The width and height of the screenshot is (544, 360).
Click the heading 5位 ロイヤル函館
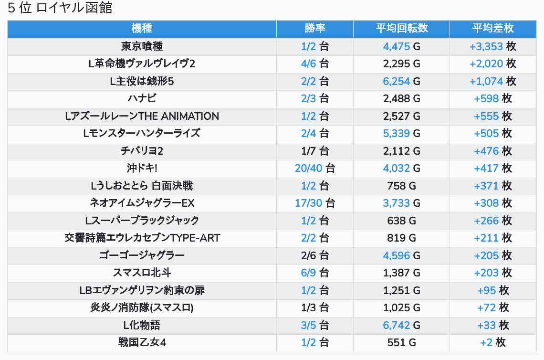coord(60,8)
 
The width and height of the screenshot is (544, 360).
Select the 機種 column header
coord(142,29)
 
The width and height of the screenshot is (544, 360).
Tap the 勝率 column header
coord(314,29)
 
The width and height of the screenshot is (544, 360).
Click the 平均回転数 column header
coord(401,29)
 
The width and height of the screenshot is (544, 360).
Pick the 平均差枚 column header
coord(492,29)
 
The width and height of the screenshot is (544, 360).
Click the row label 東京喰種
coord(142,46)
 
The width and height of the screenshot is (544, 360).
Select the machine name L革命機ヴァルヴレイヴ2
coord(142,64)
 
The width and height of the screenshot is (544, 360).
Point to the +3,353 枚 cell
coord(492,46)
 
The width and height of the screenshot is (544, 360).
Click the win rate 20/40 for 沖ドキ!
coord(314,169)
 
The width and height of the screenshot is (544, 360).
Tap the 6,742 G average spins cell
coord(401,326)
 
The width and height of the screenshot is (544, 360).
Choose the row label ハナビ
coord(142,99)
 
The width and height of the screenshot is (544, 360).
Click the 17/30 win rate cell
coord(314,203)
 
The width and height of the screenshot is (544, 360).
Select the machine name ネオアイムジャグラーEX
coord(142,203)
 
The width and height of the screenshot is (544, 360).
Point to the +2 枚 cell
coord(492,343)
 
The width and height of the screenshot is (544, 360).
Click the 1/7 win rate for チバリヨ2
coord(314,151)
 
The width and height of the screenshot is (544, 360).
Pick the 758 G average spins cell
coord(401,186)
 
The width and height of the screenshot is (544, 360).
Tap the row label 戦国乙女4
coord(142,343)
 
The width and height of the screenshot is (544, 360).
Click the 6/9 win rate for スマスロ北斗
coord(314,273)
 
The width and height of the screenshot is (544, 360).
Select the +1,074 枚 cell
coord(492,82)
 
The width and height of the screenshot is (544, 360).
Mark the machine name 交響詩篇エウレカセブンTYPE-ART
coord(142,238)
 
